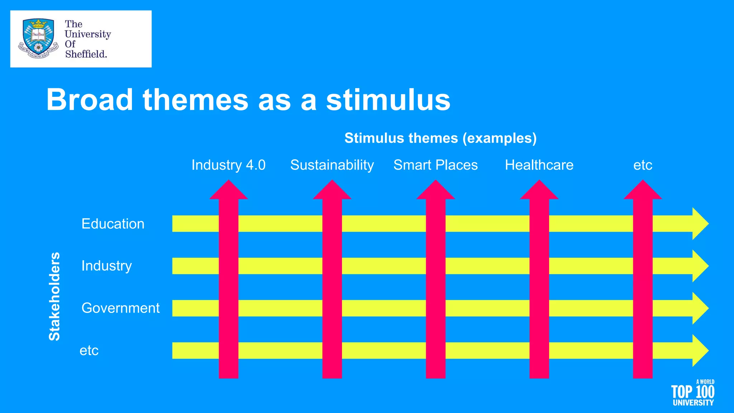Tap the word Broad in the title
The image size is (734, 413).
click(90, 100)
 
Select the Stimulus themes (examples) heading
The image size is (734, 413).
click(440, 138)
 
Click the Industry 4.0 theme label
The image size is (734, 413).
click(228, 165)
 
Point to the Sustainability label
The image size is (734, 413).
click(332, 165)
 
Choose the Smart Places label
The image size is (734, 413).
click(435, 165)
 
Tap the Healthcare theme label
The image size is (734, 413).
click(539, 165)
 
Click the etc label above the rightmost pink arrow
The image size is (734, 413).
click(643, 165)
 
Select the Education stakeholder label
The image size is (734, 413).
click(113, 224)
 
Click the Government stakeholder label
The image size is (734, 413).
click(120, 308)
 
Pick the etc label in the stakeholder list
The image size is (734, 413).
click(89, 351)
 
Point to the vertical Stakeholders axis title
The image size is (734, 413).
click(54, 296)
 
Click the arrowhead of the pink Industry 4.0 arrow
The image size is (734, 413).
click(229, 190)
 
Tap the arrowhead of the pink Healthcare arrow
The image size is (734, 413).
click(539, 190)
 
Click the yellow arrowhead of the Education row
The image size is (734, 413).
click(700, 224)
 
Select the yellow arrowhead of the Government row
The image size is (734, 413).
click(700, 308)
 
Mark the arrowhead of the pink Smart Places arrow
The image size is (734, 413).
click(435, 190)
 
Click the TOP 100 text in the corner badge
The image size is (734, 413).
click(692, 392)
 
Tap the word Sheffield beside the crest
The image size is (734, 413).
click(86, 54)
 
